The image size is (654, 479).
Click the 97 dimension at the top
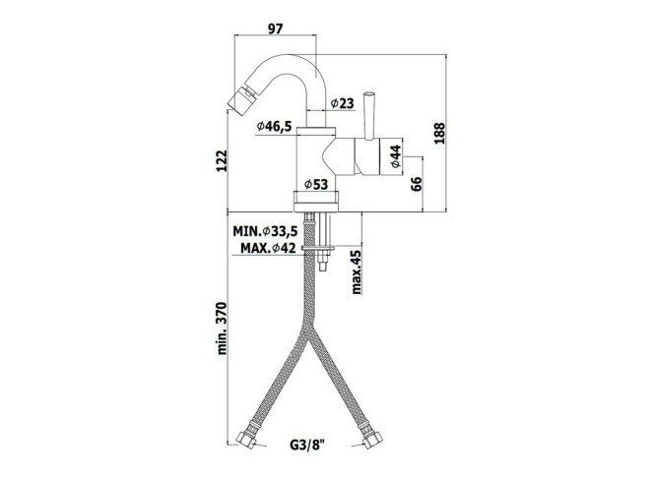tap(275, 29)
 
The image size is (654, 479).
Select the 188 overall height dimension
tap(439, 134)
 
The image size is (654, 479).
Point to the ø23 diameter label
tap(342, 103)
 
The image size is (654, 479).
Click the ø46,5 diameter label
tap(274, 126)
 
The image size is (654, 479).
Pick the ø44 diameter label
tap(396, 156)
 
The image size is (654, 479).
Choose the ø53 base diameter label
tap(316, 184)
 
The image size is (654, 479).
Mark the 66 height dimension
tap(417, 183)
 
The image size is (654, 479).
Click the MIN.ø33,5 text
tap(265, 231)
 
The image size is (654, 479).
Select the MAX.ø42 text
tap(268, 248)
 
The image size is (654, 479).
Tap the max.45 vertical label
tap(357, 272)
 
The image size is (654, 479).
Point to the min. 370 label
tap(222, 329)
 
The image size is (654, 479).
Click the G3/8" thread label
tap(307, 446)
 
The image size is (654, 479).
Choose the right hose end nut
tap(371, 439)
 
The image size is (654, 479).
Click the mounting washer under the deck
tap(319, 248)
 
